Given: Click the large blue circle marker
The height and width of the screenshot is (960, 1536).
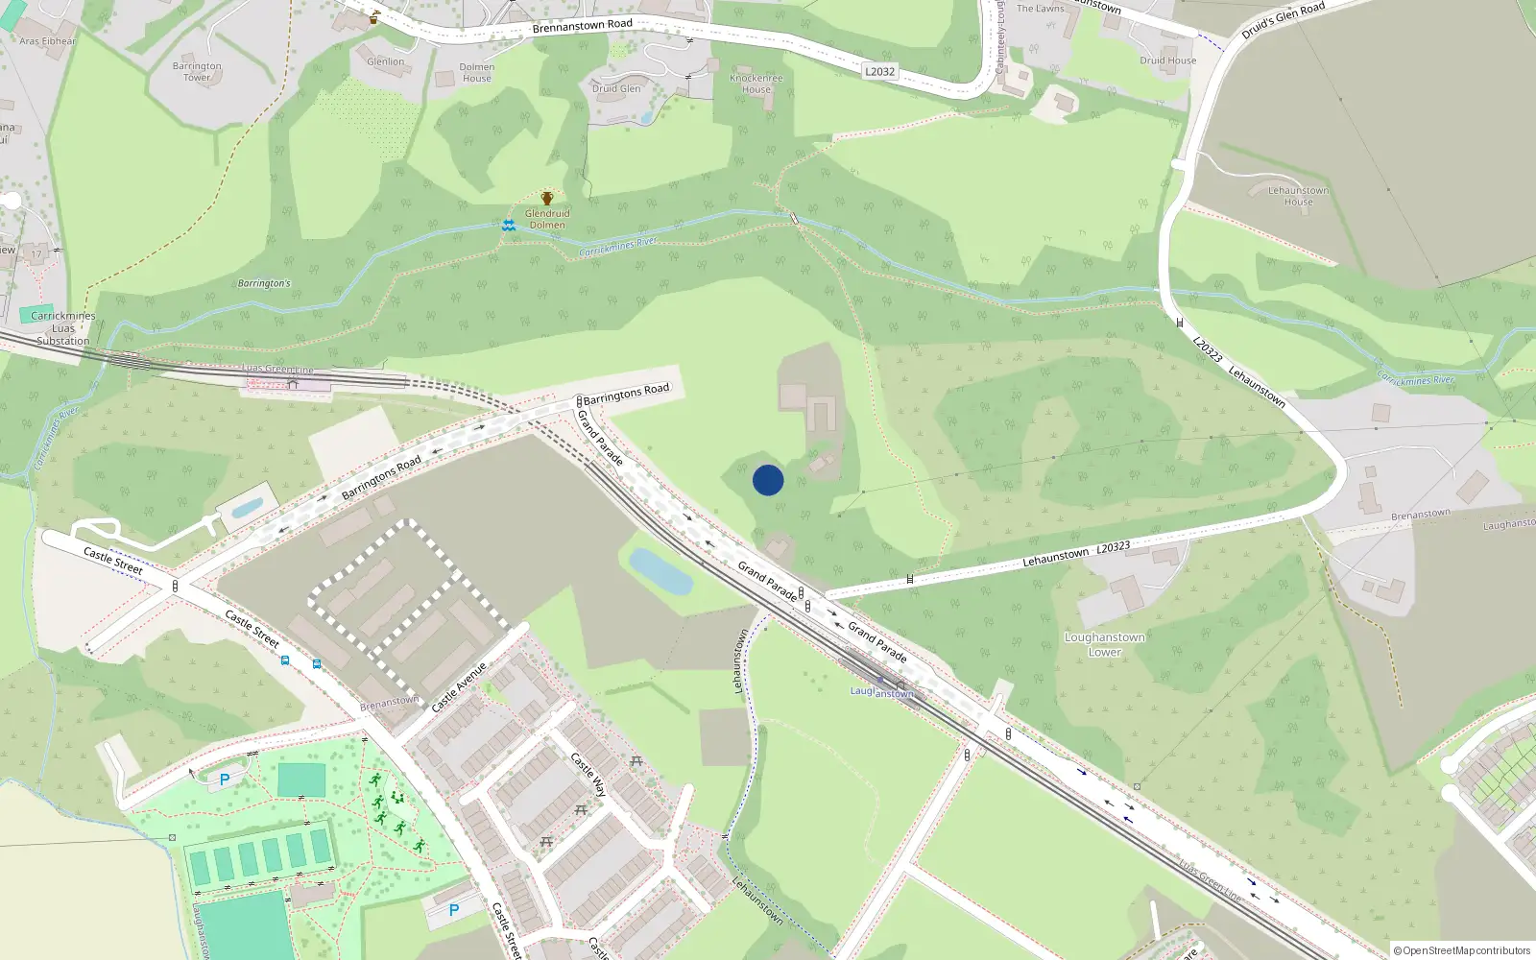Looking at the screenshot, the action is pos(768,480).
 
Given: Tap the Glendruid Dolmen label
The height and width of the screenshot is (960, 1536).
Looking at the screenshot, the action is pos(547,220).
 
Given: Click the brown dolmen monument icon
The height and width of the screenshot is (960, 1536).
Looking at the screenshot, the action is pos(547,199).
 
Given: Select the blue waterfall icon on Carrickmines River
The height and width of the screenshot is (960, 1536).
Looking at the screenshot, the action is pos(509,225).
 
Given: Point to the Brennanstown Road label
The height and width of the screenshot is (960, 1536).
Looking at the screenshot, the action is pos(582,25).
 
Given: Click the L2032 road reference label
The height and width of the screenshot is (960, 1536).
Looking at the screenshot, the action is pos(879,71).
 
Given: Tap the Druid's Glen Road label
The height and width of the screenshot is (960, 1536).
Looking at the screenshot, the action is pos(1283,20).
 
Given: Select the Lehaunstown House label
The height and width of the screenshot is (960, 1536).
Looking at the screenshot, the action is pos(1298,196).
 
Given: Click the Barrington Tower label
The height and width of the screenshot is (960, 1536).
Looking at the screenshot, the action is pos(197,72).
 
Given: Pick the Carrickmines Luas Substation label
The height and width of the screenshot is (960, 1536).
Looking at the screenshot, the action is pos(63,328).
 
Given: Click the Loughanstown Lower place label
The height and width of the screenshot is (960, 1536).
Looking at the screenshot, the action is pos(1104,644).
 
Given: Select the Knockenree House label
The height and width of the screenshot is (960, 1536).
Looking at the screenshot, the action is pos(756,84).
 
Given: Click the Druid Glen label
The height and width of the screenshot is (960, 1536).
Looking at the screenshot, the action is pos(616,88).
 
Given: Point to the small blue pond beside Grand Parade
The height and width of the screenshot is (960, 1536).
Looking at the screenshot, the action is pos(660,571).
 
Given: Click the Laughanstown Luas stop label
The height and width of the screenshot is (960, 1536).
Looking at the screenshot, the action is pos(881,692).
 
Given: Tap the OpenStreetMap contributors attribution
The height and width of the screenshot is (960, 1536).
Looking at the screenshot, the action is pos(1462,950).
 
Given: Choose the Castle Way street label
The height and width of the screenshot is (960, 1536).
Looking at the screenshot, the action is pos(588,775).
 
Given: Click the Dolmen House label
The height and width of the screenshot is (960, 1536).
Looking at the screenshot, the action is pos(477,73).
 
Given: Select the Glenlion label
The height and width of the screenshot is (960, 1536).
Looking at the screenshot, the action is pos(386,61).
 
